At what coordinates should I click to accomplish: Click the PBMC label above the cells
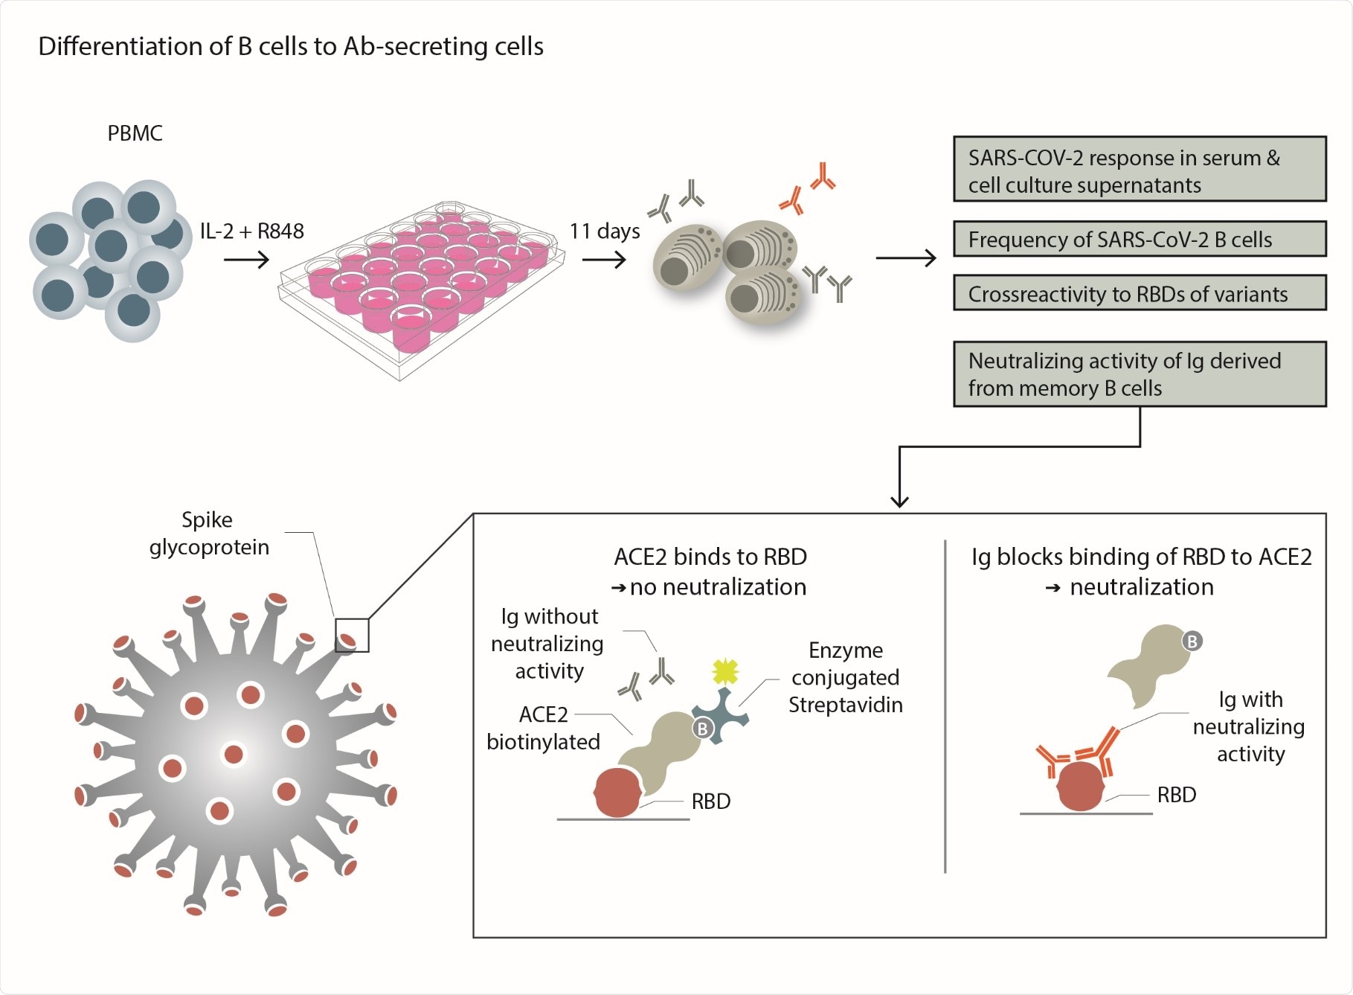(135, 133)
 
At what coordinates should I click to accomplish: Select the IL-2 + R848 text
(251, 231)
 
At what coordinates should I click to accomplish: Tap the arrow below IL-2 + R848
(246, 260)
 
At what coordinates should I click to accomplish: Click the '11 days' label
(604, 231)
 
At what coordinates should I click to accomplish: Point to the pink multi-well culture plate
(421, 283)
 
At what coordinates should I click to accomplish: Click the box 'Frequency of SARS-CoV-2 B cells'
(1139, 240)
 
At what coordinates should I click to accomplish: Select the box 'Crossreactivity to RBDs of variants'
(1139, 294)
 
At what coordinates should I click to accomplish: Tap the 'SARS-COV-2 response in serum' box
(1139, 170)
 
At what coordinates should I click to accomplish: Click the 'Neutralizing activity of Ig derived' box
(1139, 374)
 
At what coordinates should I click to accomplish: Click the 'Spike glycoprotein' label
(208, 533)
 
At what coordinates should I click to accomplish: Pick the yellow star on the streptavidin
(724, 671)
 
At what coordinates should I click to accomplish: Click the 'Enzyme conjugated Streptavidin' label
(845, 677)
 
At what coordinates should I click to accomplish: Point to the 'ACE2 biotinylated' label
(543, 728)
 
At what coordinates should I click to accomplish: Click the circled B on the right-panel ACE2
(1192, 641)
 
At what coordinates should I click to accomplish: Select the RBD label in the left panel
(710, 802)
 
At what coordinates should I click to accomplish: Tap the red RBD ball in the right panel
(1080, 786)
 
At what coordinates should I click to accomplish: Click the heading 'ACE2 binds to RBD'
(710, 557)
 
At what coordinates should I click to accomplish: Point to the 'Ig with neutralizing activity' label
(1250, 726)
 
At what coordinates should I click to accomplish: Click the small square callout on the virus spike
(351, 635)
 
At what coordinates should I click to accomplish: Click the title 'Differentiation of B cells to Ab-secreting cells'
(291, 46)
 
